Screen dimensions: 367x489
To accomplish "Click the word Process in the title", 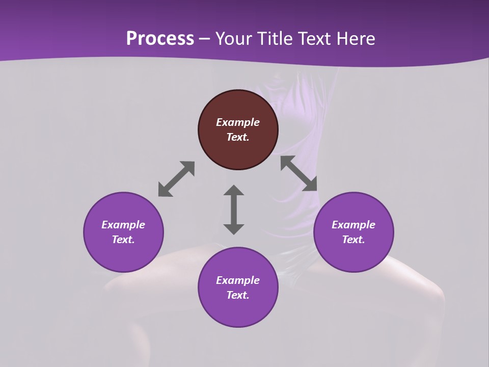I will coord(160,39).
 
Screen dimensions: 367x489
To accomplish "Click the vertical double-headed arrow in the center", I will coord(234,210).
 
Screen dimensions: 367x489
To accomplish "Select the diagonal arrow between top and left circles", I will coord(176,179).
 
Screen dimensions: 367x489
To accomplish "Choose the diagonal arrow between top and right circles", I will coord(298,173).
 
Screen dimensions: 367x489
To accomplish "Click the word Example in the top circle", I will coord(238,122).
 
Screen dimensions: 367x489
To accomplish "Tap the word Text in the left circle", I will coord(123,240).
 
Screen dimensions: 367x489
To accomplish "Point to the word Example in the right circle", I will coord(354,225).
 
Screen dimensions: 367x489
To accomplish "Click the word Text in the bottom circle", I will coord(238,295).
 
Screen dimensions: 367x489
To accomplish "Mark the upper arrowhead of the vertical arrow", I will coord(234,191).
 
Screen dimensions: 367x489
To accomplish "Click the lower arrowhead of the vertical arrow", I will coord(234,229).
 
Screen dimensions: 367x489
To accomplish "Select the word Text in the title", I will coord(315,39).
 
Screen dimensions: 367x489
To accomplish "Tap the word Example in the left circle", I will coord(123,225).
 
